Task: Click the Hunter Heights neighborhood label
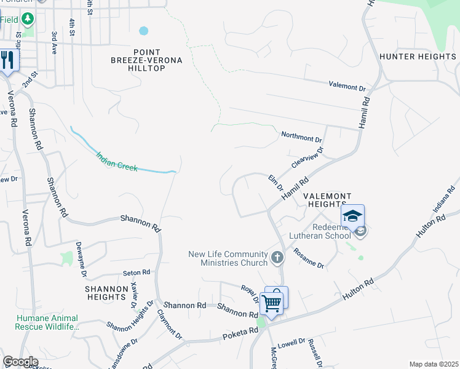tap(418, 57)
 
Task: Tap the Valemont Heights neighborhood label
tap(328, 200)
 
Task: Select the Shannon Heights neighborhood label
tap(106, 293)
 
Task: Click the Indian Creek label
tap(117, 159)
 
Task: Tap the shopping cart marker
tap(271, 303)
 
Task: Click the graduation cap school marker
tap(352, 216)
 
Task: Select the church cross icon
tap(277, 258)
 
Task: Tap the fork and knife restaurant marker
tap(7, 60)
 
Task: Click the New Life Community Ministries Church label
tap(228, 258)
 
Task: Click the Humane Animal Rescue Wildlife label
tap(47, 322)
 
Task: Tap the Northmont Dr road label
tap(301, 136)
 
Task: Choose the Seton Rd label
tap(137, 272)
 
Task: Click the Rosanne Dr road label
tap(309, 258)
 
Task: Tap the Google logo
tap(20, 362)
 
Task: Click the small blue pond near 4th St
tap(144, 30)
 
